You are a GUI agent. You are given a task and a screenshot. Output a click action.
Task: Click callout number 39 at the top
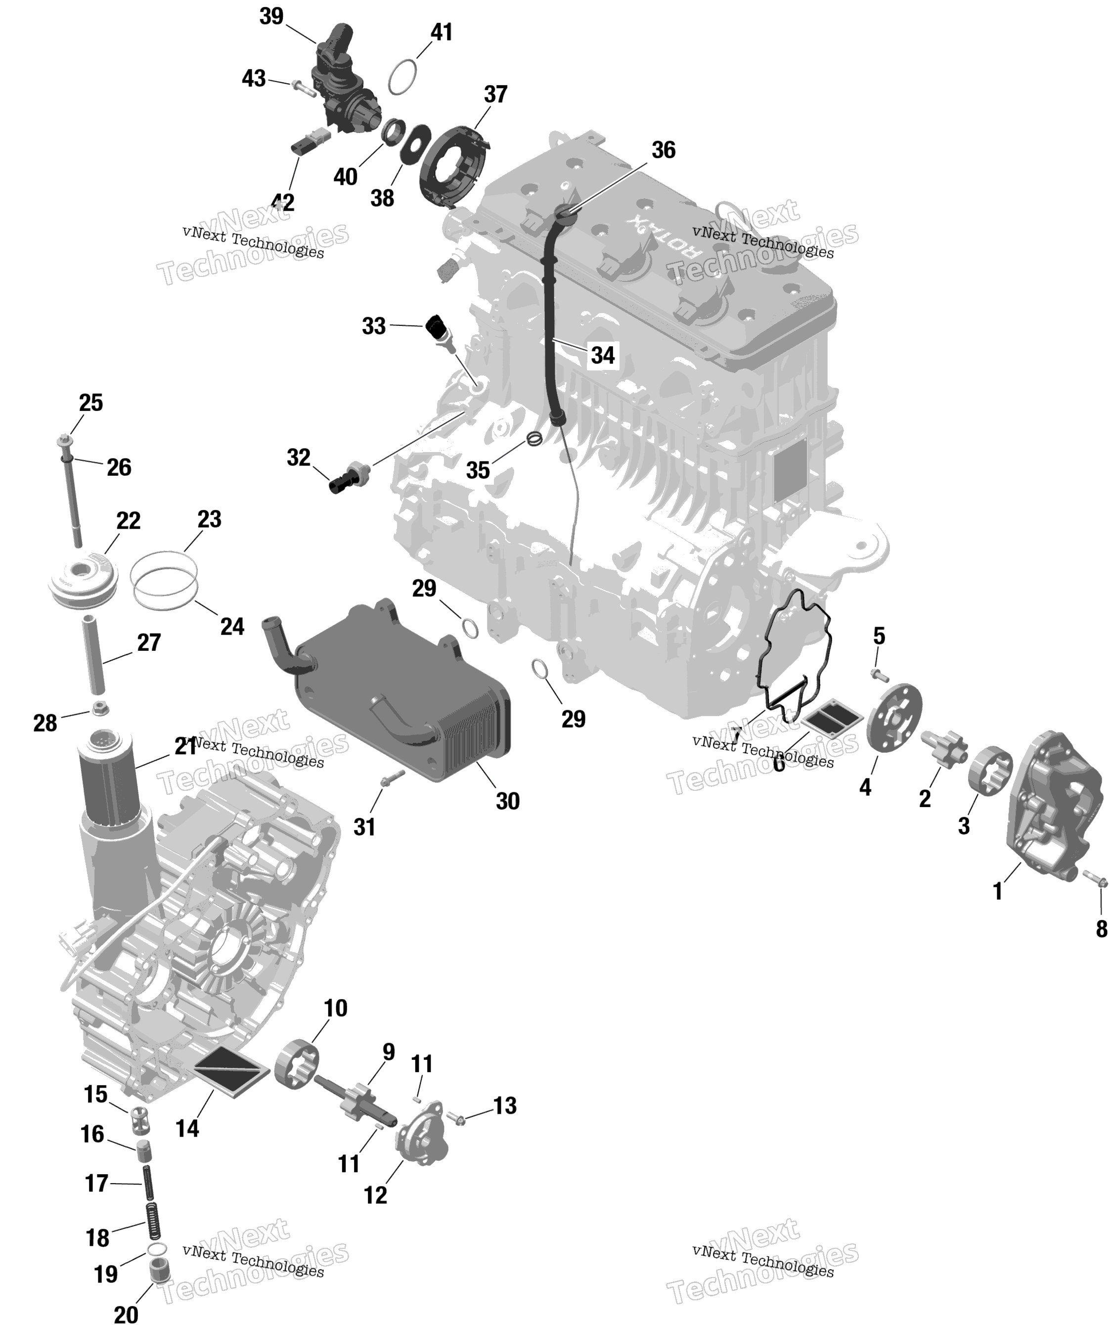272,16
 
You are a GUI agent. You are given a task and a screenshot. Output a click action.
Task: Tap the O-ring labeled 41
402,77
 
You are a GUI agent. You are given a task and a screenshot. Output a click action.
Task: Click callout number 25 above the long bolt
91,403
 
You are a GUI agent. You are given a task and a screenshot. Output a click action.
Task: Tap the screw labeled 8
1096,879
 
